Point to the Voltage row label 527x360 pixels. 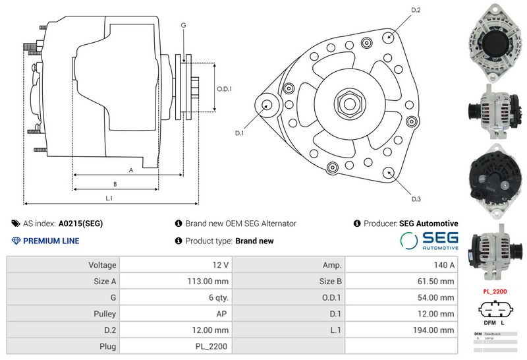102,265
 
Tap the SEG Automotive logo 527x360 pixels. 430,240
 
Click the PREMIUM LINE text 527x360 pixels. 51,241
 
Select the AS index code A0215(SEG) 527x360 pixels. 80,224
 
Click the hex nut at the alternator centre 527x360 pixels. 347,103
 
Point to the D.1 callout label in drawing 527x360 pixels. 240,133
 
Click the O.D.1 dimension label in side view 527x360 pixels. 225,89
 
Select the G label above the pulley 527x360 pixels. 183,25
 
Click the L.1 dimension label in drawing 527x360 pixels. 109,198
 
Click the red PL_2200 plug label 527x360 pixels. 495,291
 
